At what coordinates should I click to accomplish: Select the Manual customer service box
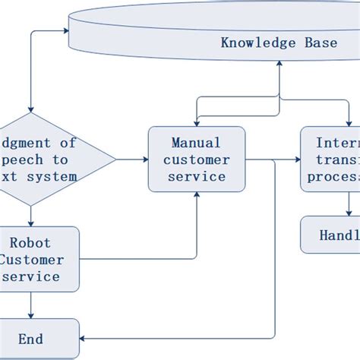(x=197, y=159)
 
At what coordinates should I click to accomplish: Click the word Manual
(x=197, y=143)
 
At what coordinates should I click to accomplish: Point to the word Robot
(x=30, y=243)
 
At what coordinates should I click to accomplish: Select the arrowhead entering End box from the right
(x=84, y=338)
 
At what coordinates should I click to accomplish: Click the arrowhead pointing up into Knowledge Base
(x=279, y=64)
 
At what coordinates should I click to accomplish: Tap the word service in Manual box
(x=197, y=176)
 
